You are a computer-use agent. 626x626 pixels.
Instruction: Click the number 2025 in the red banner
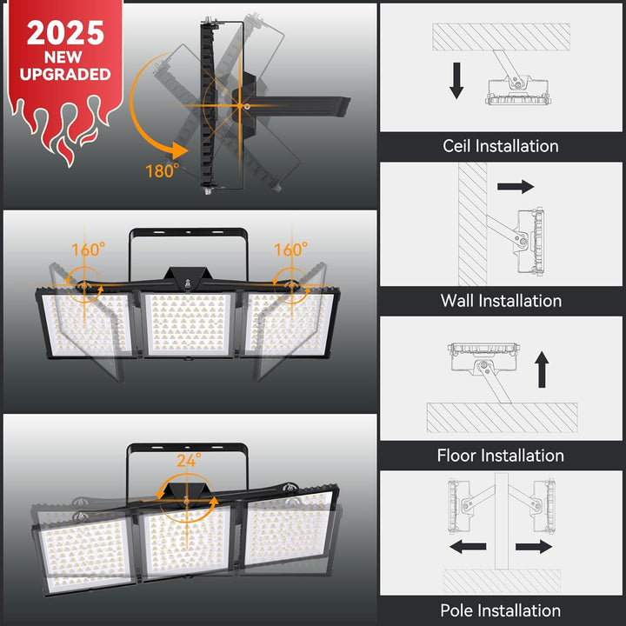(65, 33)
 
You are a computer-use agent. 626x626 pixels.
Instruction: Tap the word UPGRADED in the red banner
(65, 74)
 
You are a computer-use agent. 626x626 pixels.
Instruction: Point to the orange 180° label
(162, 171)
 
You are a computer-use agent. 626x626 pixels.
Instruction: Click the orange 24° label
(189, 460)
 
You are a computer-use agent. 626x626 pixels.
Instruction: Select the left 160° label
(88, 250)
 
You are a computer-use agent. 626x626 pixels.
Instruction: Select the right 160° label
(290, 250)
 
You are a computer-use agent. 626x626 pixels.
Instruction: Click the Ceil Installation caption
(501, 146)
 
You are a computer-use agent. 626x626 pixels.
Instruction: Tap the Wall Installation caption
(501, 301)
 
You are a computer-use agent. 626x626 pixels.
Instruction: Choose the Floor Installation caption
(501, 456)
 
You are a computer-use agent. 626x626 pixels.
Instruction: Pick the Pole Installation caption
(501, 610)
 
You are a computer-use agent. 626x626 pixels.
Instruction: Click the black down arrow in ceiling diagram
(456, 81)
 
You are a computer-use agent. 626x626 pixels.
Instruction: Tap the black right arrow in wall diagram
(516, 186)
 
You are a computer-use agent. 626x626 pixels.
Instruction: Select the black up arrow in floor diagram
(542, 370)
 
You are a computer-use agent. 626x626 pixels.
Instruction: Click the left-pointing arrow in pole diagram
(468, 547)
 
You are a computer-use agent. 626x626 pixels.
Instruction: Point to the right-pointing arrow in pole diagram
(534, 547)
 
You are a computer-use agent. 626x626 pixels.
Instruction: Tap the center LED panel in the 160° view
(188, 324)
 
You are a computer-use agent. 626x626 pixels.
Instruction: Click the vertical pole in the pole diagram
(502, 521)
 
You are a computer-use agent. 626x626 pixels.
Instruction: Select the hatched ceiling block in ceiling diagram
(501, 37)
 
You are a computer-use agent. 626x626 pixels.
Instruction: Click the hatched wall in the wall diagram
(473, 224)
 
